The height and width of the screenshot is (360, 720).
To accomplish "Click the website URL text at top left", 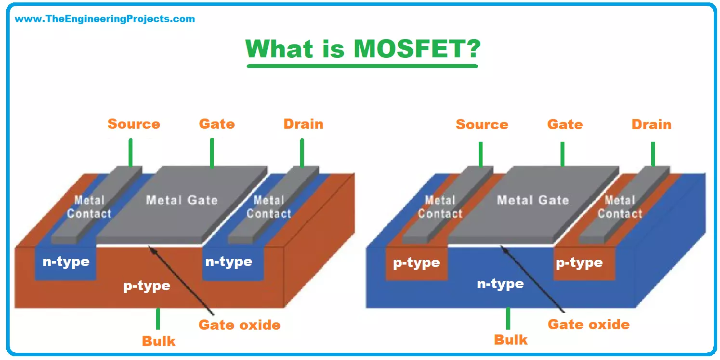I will coord(105,19).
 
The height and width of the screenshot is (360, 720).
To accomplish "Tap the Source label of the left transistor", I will coord(133,124).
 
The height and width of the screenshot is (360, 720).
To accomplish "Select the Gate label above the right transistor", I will coord(564,124).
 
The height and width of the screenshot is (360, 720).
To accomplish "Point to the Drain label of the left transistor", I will coord(303,124).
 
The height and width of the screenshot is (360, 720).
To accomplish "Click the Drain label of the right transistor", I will coord(651,124).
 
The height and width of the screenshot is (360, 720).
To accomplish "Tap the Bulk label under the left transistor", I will coord(158,341).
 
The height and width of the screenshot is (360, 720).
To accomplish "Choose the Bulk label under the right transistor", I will coord(511,339).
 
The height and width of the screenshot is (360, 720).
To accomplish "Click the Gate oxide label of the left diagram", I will coord(239,324).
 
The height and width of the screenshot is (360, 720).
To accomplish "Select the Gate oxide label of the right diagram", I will coord(588,324).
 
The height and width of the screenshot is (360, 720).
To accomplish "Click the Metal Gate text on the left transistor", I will coord(182,200).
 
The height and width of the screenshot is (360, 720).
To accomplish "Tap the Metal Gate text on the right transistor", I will coord(533,200).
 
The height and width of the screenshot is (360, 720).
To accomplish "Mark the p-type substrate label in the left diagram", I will coord(147,285).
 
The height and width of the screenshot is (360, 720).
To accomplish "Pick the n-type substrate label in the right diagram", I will coord(500,283).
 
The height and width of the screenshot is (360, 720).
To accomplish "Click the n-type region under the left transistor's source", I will coord(66,262).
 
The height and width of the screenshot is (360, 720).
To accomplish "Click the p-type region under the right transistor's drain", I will coord(579,263).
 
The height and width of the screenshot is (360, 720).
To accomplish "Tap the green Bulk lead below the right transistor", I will coord(508,318).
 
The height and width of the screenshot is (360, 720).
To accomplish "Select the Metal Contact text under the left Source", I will coord(89,207).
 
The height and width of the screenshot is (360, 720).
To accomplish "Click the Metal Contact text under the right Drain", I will coord(620,207).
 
